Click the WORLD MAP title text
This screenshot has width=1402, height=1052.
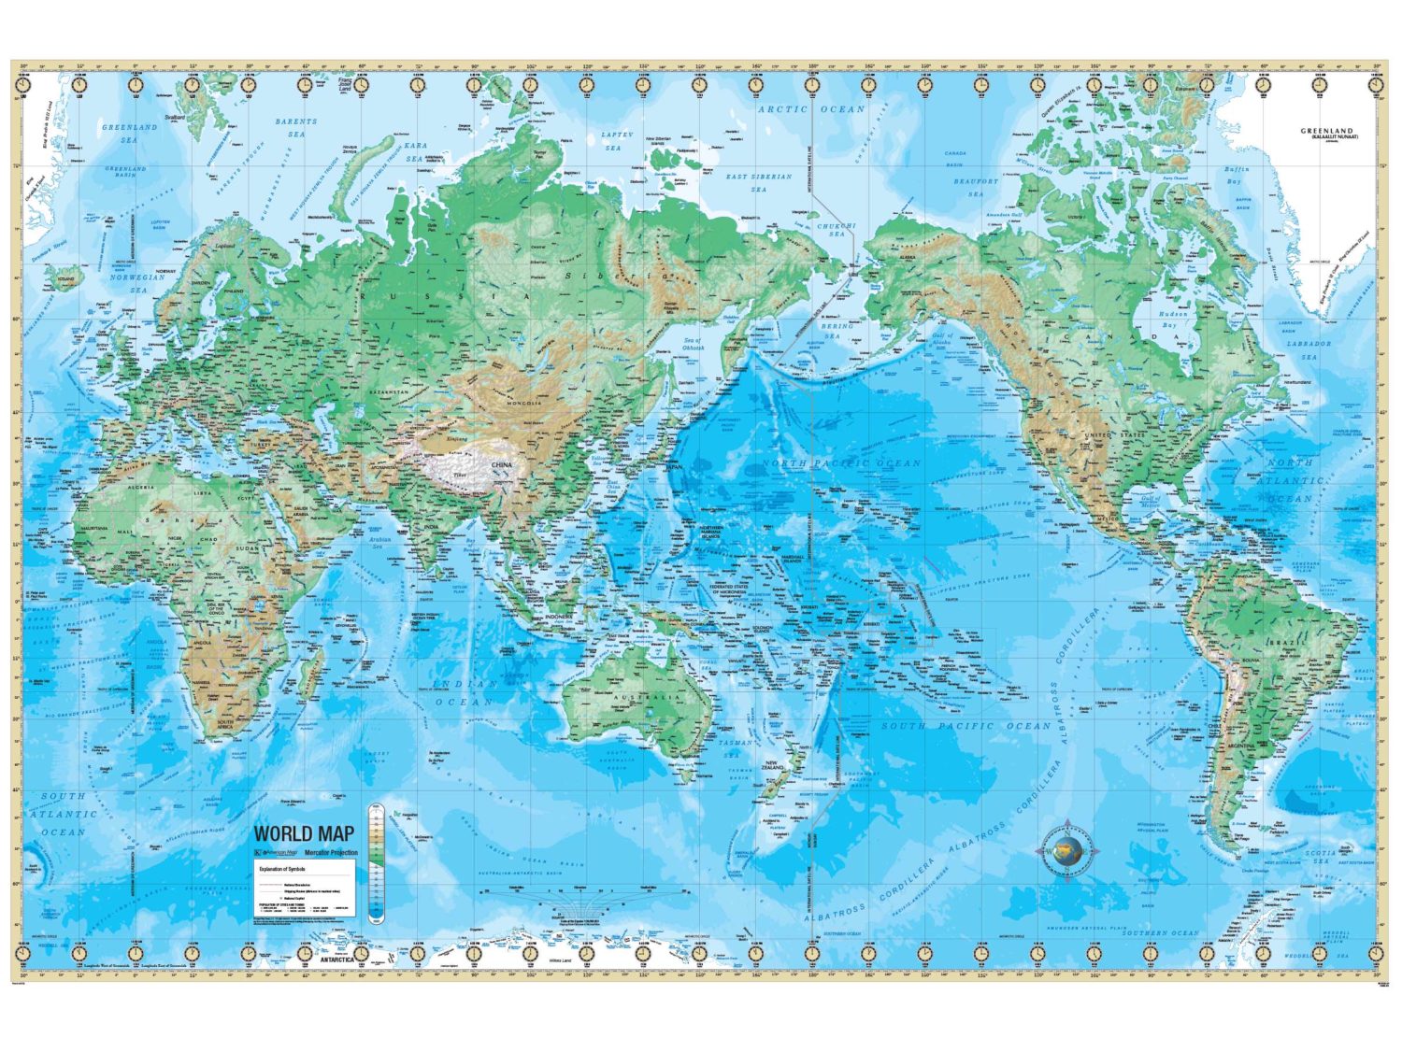tap(304, 833)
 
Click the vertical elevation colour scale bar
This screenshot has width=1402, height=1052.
tap(376, 863)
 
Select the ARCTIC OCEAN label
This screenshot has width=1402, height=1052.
tap(811, 109)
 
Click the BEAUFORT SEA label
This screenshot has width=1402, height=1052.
tap(976, 188)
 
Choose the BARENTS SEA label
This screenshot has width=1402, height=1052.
tap(296, 127)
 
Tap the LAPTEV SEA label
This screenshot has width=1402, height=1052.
tap(617, 141)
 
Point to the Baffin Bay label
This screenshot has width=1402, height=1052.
tap(1237, 175)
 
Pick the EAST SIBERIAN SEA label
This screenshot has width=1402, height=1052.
tap(758, 182)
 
